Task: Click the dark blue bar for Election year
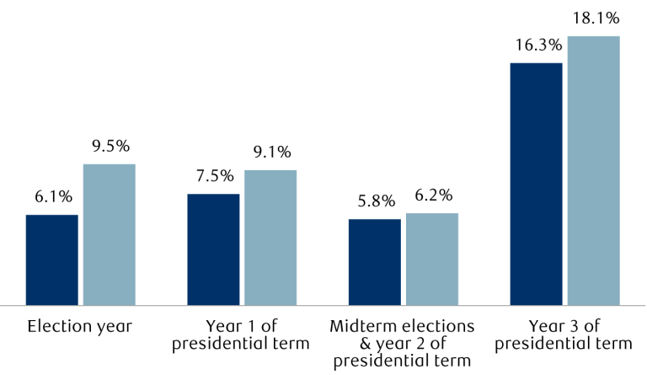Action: tap(52, 259)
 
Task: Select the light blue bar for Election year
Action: tap(110, 233)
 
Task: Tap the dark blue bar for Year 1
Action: tap(213, 249)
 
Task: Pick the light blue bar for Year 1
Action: tap(270, 237)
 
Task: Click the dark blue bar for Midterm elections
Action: tap(375, 261)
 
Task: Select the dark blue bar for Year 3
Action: tap(537, 183)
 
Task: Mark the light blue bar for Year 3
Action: tap(594, 169)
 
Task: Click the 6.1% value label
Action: tap(53, 197)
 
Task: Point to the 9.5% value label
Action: tap(110, 147)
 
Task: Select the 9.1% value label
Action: tap(271, 153)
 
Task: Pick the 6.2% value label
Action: tap(433, 196)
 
